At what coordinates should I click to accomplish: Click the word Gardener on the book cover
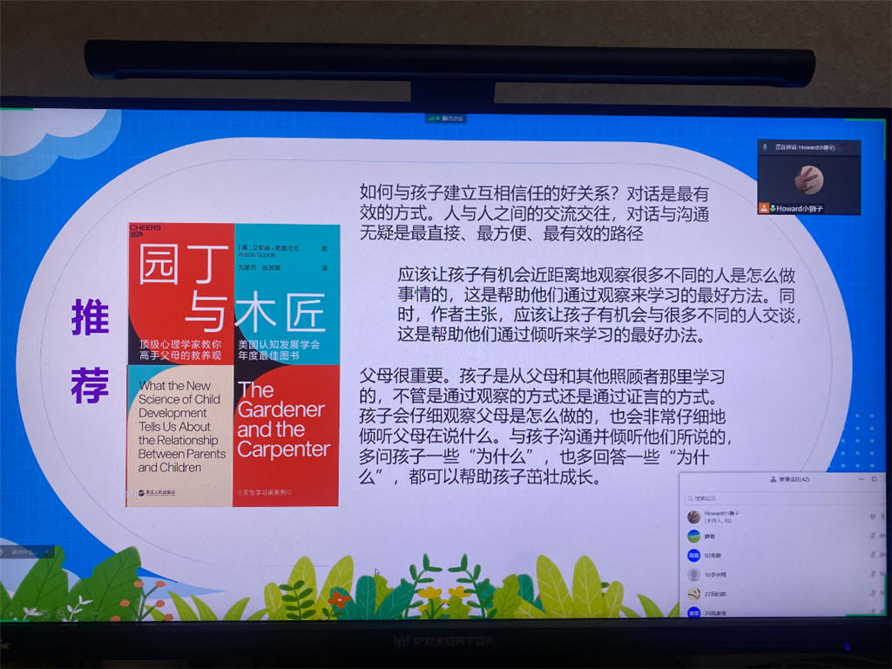280,409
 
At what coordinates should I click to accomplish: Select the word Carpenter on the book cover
283,449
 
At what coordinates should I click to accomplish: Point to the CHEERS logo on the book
145,229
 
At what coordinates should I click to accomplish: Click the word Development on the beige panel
172,413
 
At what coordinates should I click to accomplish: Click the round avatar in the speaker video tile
808,179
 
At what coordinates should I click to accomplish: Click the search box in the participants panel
775,498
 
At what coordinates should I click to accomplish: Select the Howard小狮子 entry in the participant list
722,517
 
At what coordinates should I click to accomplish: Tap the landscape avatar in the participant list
693,537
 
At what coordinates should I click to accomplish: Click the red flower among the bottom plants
339,598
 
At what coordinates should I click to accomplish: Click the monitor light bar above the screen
449,64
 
